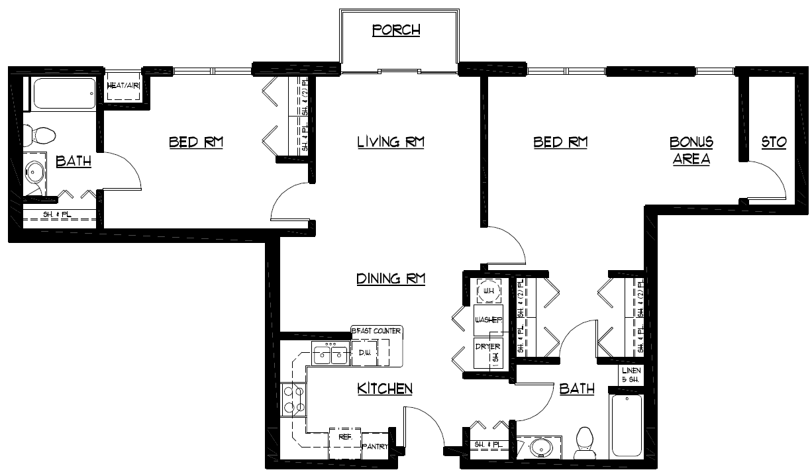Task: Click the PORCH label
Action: pyautogui.click(x=396, y=30)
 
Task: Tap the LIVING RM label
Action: pyautogui.click(x=390, y=142)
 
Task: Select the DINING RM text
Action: pyautogui.click(x=390, y=279)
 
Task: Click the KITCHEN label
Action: pyautogui.click(x=385, y=389)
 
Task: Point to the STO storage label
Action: pyautogui.click(x=773, y=142)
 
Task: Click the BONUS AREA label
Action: pyautogui.click(x=691, y=151)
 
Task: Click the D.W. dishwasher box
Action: pyautogui.click(x=364, y=353)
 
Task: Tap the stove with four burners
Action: pyautogui.click(x=293, y=400)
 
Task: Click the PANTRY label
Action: pyautogui.click(x=375, y=447)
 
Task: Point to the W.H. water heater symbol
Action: pyautogui.click(x=489, y=291)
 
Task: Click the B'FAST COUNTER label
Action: pyautogui.click(x=376, y=331)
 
